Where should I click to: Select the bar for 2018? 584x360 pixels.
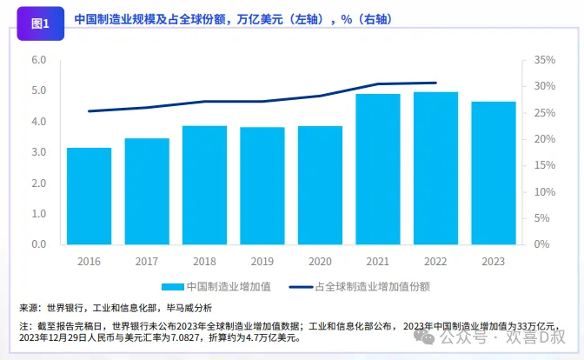point(204,184)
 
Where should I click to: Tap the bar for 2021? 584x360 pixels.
point(378,169)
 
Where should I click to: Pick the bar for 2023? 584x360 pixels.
point(493,172)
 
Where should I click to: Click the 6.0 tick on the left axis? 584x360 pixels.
point(38,60)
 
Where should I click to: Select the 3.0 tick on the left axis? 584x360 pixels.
point(38,152)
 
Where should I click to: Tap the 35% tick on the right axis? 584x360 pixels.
point(540,60)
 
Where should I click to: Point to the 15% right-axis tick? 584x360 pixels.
point(540,165)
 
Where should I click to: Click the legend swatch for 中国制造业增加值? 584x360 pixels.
point(172,285)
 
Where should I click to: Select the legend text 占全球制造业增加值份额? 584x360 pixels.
point(372,285)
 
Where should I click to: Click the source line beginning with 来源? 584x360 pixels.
point(115,307)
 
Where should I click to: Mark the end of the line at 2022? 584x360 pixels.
point(435,83)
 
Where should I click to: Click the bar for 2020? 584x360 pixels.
point(320,184)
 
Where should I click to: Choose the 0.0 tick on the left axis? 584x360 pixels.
point(38,244)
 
